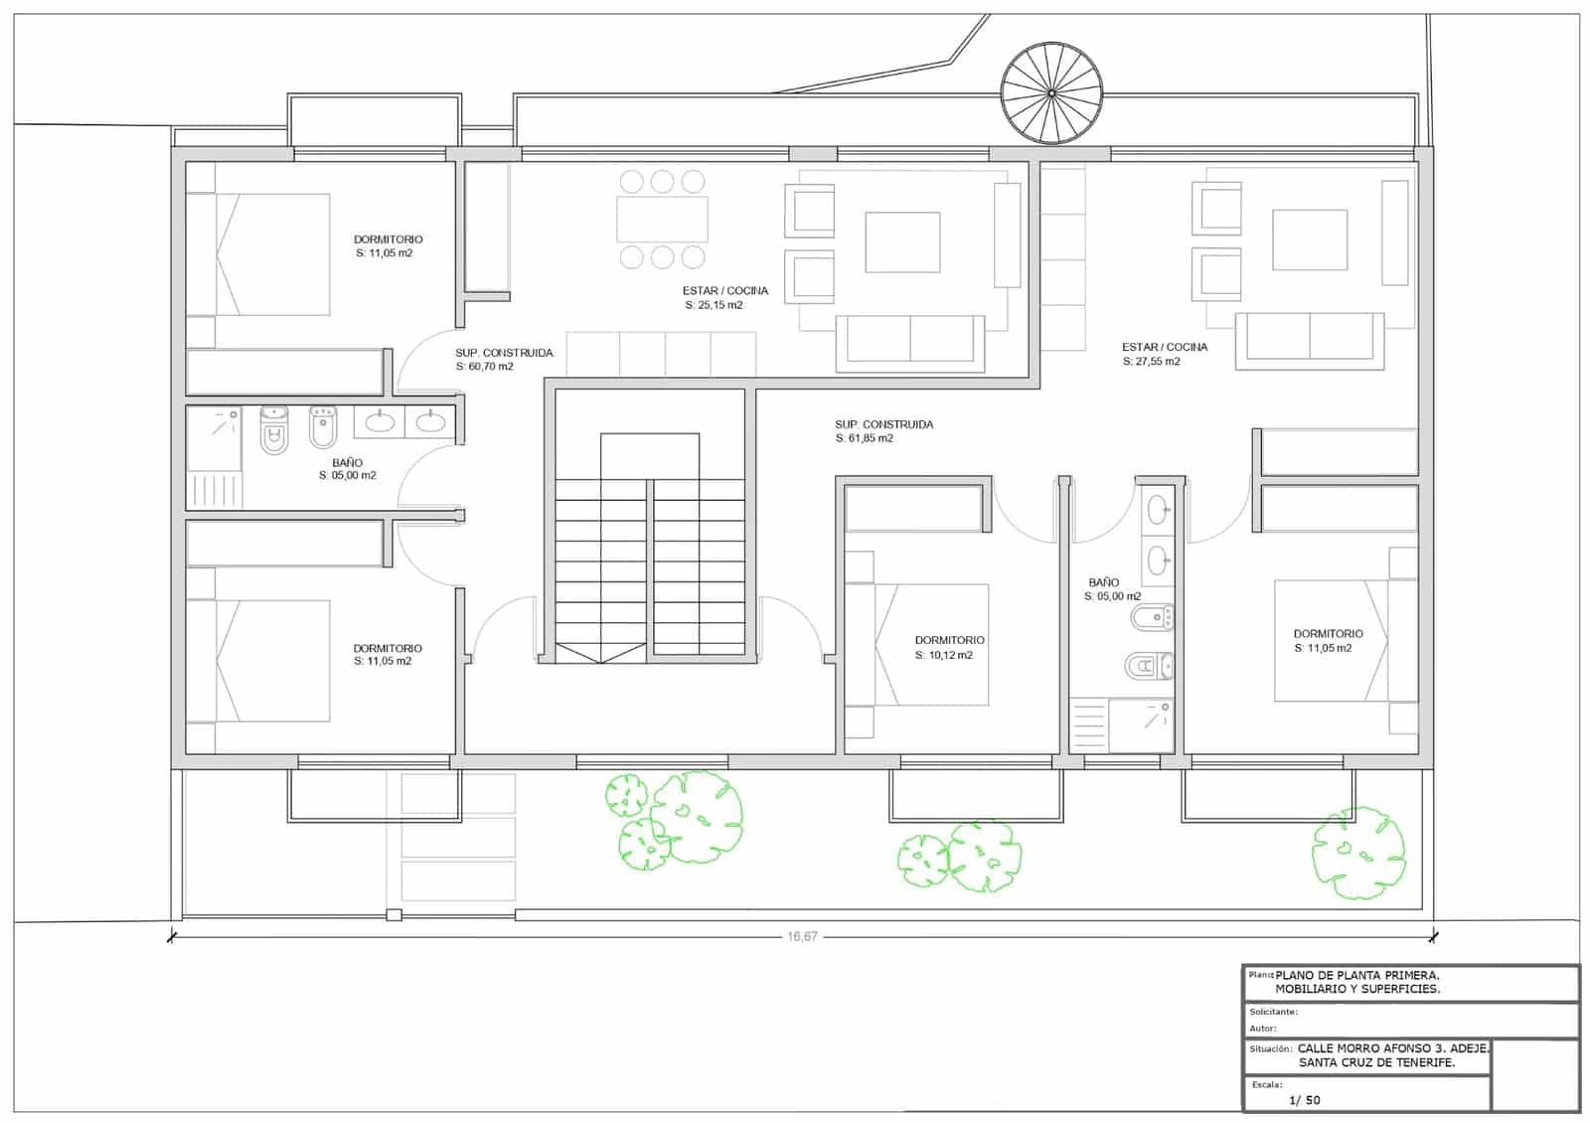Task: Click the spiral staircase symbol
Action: coord(1051,92)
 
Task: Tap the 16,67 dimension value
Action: coord(801,936)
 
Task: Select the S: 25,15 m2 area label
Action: coord(714,305)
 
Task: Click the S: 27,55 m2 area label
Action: coord(1152,362)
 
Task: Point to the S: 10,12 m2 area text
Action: coord(944,656)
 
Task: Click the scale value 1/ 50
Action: coord(1305,1100)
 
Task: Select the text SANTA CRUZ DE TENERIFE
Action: coord(1376,1062)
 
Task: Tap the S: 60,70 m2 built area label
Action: coord(485,367)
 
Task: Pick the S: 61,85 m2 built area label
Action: coord(864,438)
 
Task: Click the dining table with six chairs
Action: coord(662,220)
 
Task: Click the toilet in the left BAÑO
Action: coord(273,430)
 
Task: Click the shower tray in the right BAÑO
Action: coord(1141,726)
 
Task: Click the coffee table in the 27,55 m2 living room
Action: coord(1310,240)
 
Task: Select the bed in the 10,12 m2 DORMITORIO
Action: coord(931,645)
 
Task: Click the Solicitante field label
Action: coord(1273,1012)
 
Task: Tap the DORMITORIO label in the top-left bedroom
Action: coord(388,240)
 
